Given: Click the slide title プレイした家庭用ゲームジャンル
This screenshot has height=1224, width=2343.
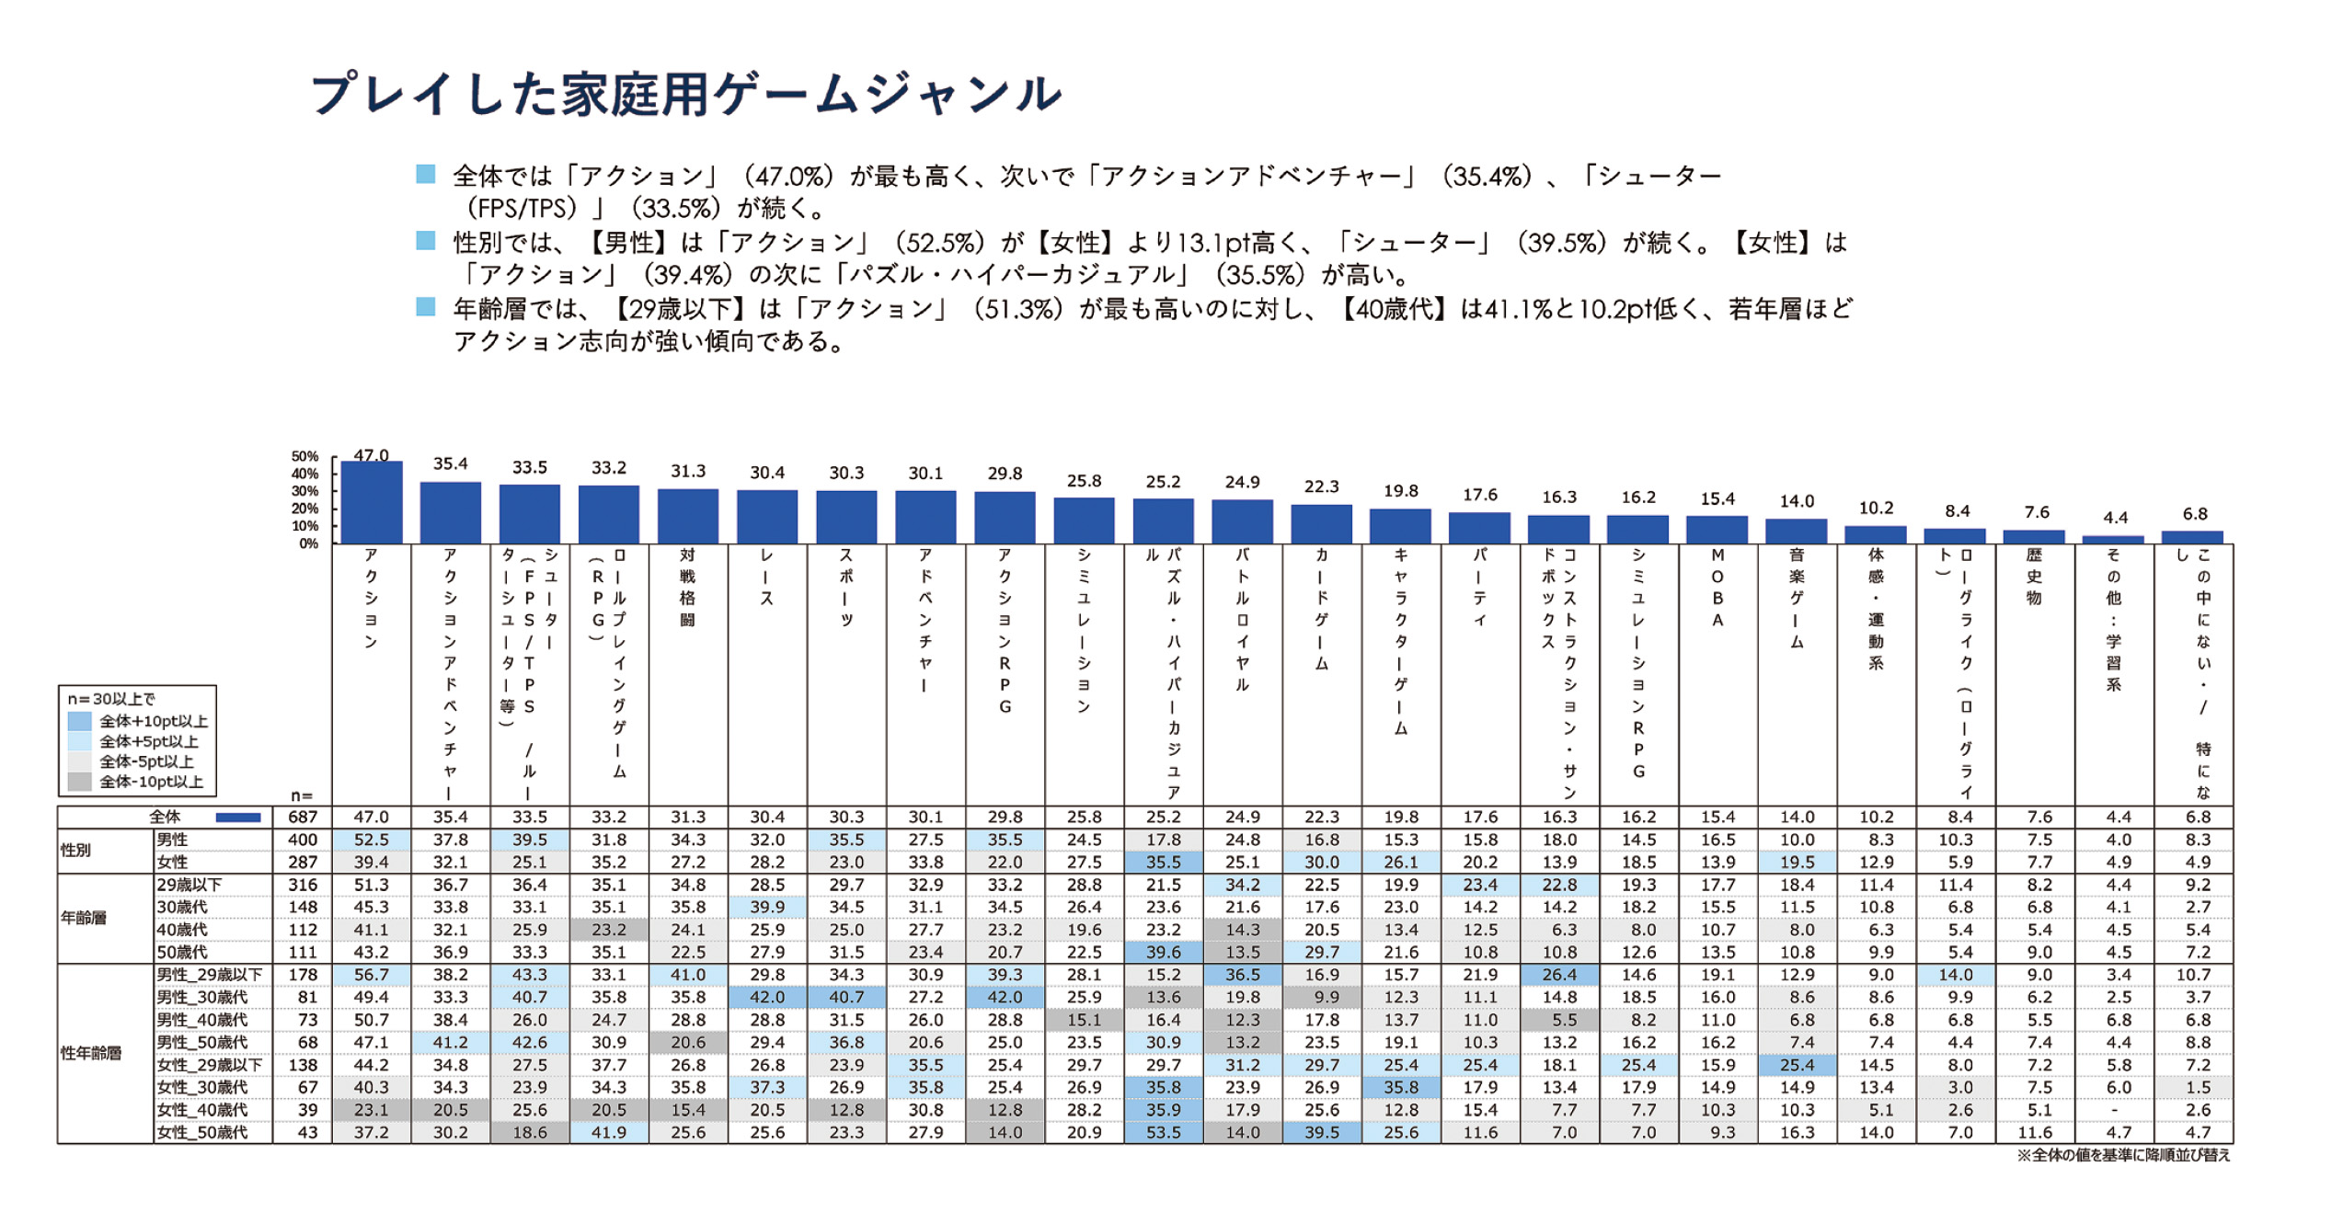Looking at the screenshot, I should (x=685, y=95).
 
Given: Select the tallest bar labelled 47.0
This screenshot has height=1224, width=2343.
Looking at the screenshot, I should (x=372, y=502).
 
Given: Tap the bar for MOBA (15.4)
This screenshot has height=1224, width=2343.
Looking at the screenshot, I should (x=1717, y=530).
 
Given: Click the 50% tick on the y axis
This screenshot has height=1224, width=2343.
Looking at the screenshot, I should (x=304, y=456).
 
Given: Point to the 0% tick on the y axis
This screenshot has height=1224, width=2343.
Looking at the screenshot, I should (x=308, y=543).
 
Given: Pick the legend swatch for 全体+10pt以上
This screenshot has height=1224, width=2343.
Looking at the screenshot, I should (x=80, y=721).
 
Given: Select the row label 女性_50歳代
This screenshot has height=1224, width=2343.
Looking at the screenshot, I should (x=202, y=1132).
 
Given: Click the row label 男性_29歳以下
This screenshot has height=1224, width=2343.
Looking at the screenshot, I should (x=210, y=974).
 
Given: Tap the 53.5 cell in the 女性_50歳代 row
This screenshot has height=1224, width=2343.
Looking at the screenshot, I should (x=1163, y=1132).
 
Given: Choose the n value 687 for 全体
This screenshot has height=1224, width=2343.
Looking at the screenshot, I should (x=303, y=817).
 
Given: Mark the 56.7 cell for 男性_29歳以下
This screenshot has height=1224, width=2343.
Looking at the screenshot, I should (x=372, y=974).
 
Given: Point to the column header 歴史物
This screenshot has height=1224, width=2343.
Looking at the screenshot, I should (x=2034, y=577).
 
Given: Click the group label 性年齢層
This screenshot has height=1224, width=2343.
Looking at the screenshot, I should (x=91, y=1053).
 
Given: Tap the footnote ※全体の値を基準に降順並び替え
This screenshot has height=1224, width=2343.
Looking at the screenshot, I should (x=2122, y=1155).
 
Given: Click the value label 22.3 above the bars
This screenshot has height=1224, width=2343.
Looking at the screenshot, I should (x=1321, y=486).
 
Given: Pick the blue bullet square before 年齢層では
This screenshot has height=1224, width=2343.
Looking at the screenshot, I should (x=425, y=307).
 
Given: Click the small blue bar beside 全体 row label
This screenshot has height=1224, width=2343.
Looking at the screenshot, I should (x=238, y=817).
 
